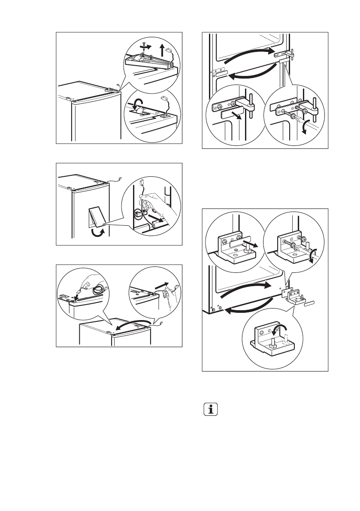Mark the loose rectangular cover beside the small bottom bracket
311,302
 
